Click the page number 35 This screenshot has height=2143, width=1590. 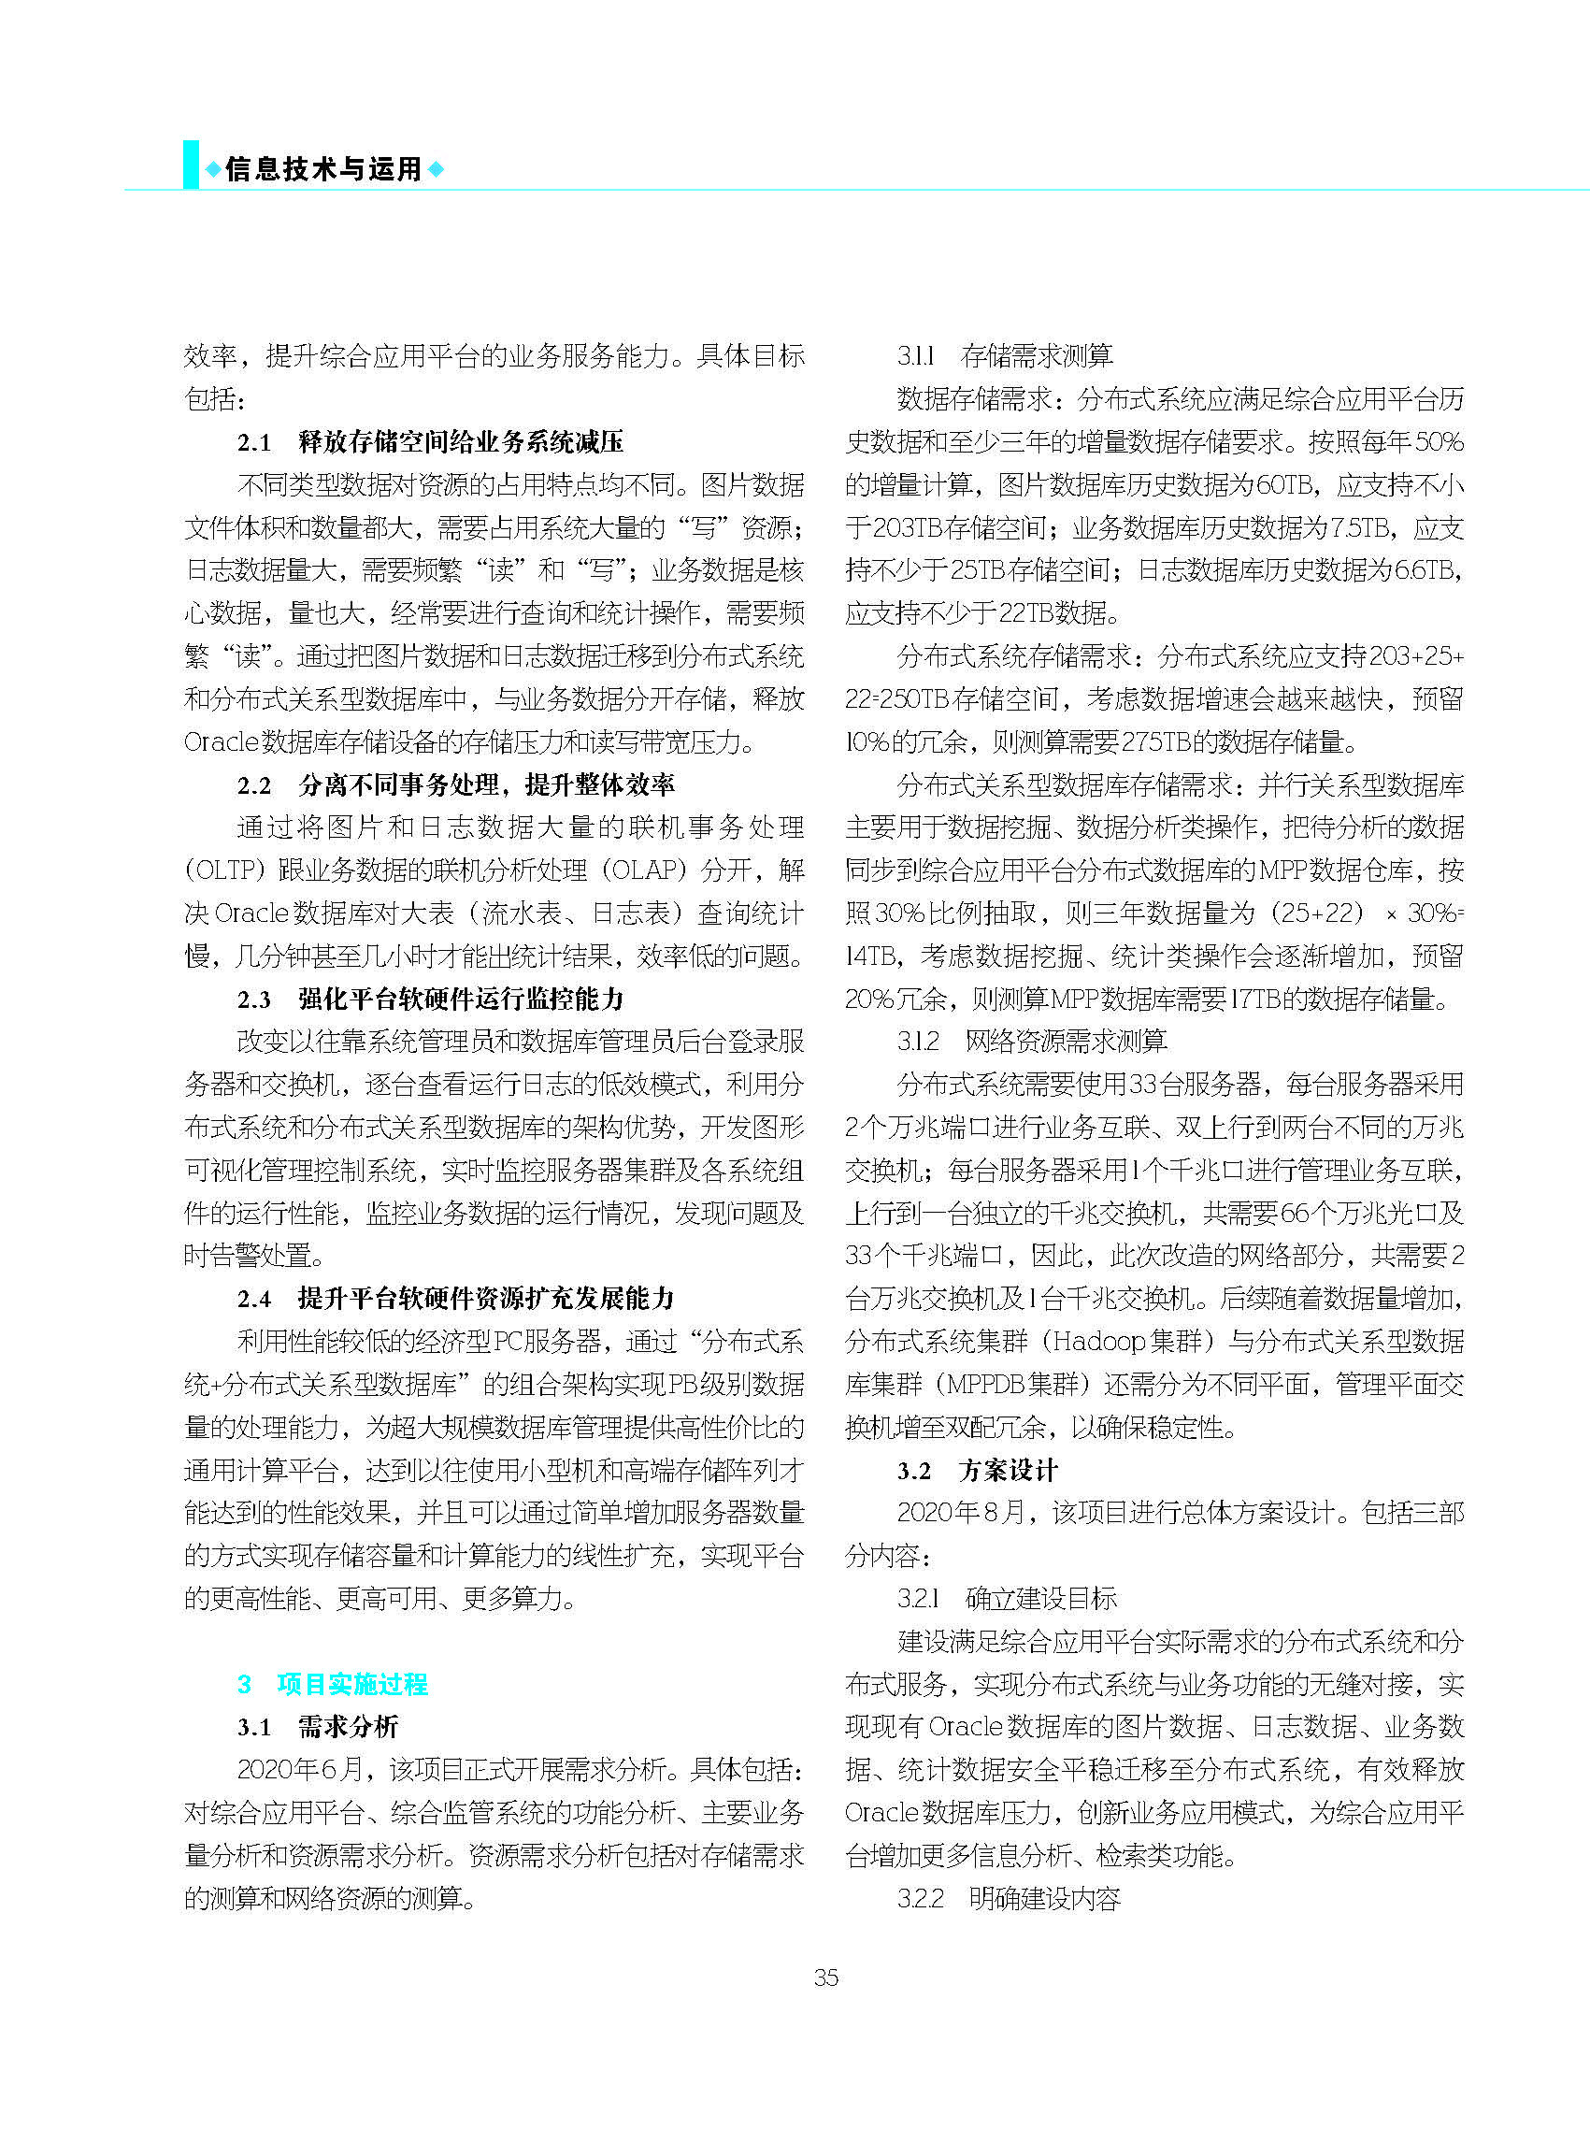(x=825, y=1978)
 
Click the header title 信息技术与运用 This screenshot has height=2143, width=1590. (x=324, y=169)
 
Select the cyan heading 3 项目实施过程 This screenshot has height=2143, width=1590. (x=332, y=1684)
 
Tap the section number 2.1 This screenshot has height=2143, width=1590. (x=254, y=442)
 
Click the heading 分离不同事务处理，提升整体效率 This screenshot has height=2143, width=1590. (x=486, y=784)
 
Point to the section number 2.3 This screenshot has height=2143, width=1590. (x=254, y=1000)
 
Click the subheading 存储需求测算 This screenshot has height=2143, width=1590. (x=1037, y=356)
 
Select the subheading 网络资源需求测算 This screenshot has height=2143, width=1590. (x=1066, y=1041)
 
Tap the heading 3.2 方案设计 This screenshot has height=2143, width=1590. (x=977, y=1470)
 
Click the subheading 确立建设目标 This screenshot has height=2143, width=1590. (x=1040, y=1598)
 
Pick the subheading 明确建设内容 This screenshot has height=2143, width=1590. (x=1044, y=1898)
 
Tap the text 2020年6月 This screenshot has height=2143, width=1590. (x=299, y=1769)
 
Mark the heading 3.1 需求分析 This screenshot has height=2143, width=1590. (x=318, y=1727)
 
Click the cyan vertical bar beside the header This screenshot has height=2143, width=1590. (x=191, y=165)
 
